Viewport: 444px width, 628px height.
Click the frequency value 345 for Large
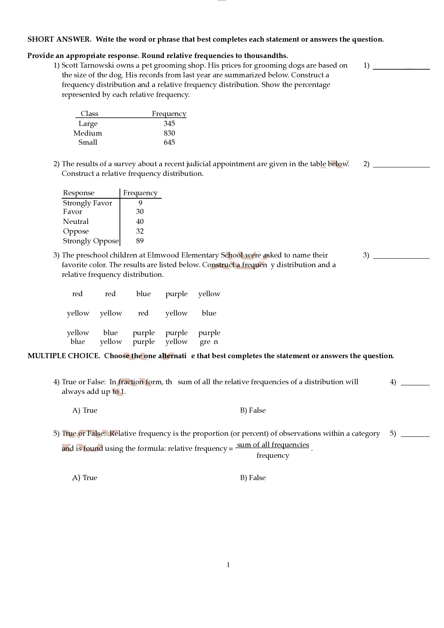(x=169, y=123)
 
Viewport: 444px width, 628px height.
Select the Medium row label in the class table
(x=88, y=133)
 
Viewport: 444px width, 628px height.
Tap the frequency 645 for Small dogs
(x=169, y=142)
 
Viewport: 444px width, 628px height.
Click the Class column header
(x=89, y=114)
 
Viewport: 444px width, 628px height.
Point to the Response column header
(x=78, y=193)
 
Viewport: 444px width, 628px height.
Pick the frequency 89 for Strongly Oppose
(x=140, y=241)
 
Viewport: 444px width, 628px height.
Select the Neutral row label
(x=76, y=222)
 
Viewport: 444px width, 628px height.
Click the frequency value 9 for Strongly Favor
(x=140, y=203)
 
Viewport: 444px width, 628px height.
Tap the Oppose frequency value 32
(x=140, y=231)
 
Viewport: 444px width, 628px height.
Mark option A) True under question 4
(x=85, y=410)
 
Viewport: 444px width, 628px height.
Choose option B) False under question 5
(x=253, y=478)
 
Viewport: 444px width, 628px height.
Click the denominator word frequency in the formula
(x=272, y=456)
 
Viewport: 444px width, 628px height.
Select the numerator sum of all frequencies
(x=273, y=445)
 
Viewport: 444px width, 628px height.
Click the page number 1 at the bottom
(x=228, y=565)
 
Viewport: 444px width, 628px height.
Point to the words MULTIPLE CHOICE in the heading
(x=64, y=356)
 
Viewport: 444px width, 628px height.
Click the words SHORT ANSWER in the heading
(x=59, y=39)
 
